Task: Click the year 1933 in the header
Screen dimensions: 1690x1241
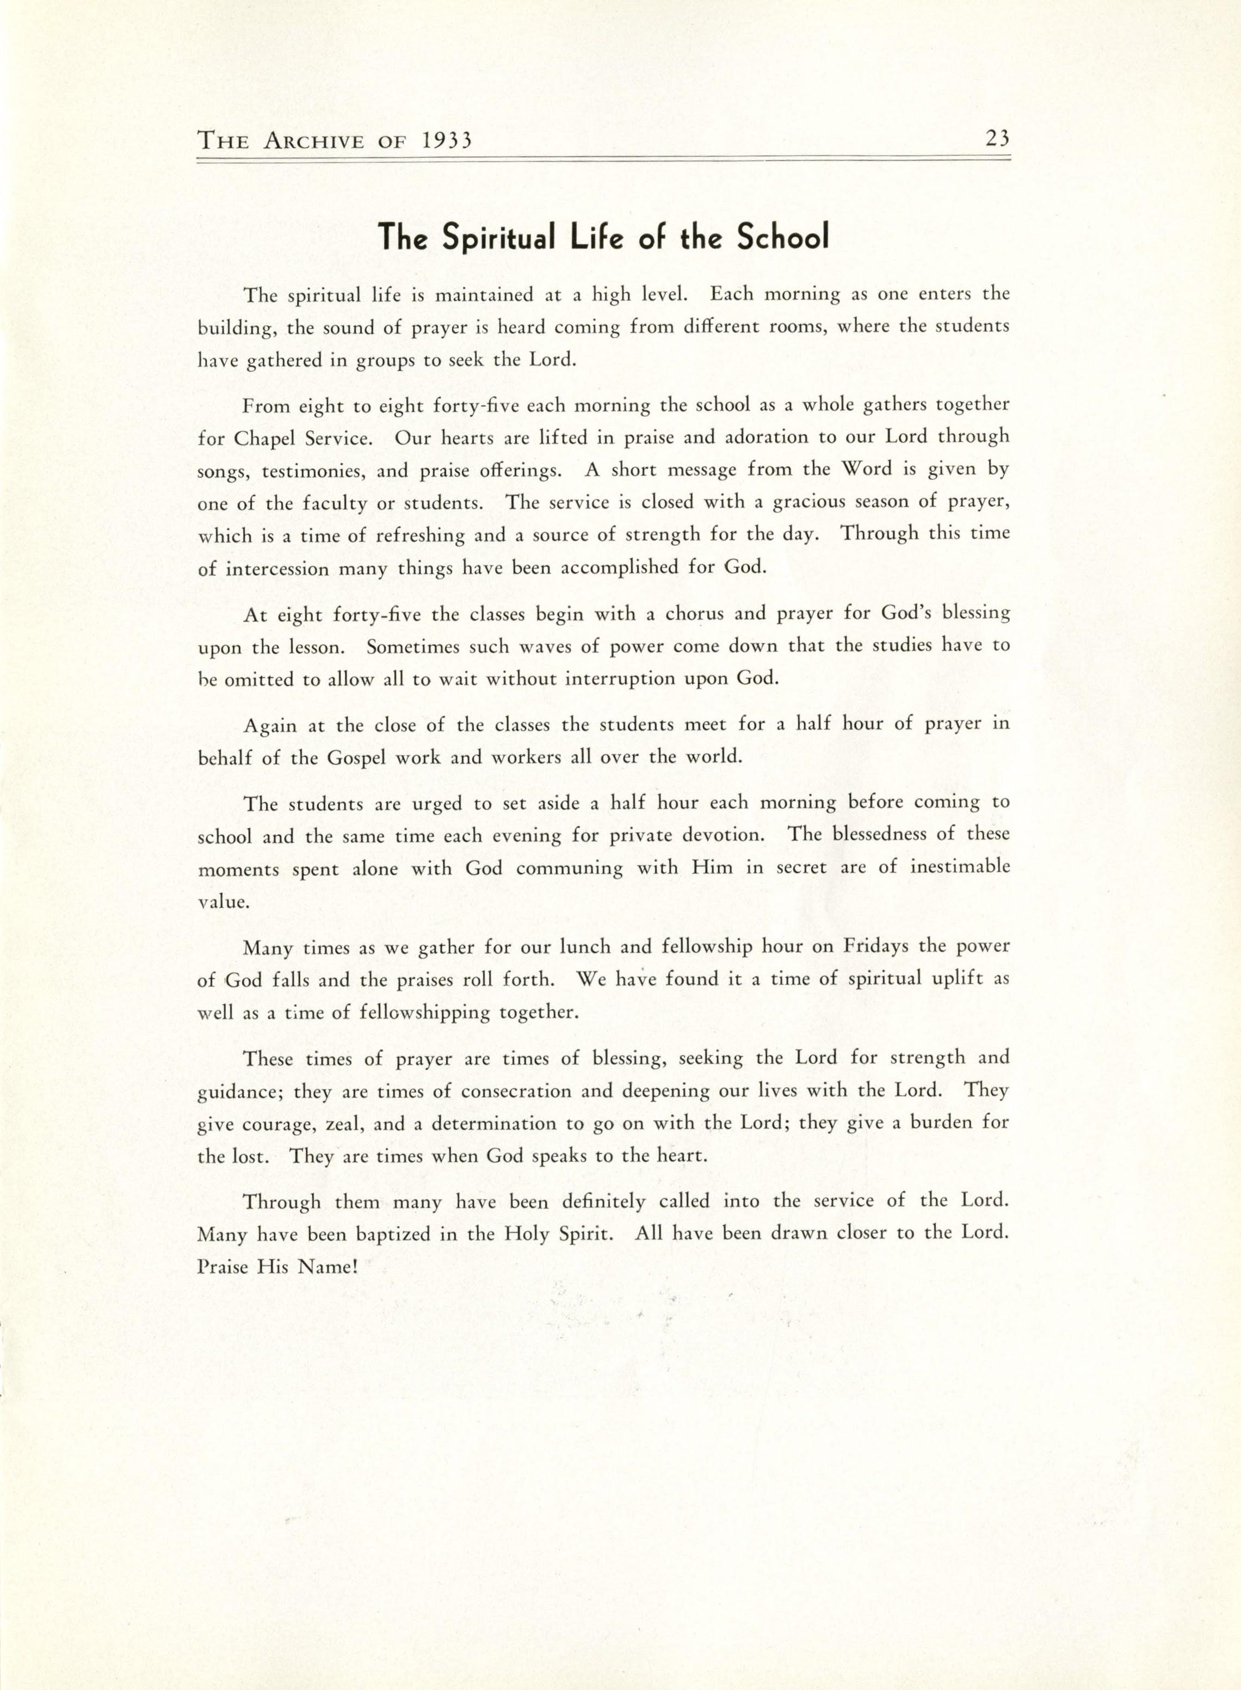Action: (447, 140)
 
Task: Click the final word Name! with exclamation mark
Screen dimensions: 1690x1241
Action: (328, 1266)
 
